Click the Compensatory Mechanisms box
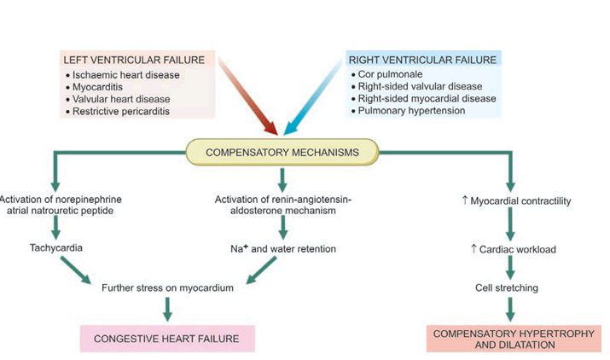(x=281, y=154)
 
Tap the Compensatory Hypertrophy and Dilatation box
(x=508, y=339)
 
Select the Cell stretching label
(x=507, y=287)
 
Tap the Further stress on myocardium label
(x=166, y=287)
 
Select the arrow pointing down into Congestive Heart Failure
(x=166, y=308)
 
